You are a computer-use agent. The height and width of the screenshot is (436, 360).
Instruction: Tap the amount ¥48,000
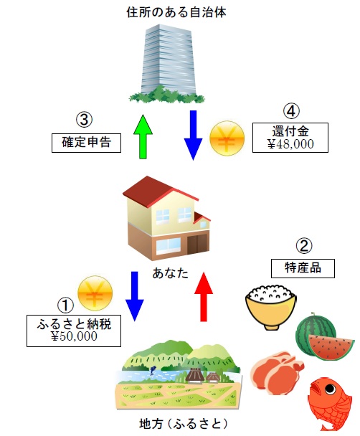(290, 143)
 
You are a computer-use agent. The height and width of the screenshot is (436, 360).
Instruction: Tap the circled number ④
(290, 112)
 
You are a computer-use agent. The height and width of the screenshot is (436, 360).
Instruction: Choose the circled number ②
(304, 246)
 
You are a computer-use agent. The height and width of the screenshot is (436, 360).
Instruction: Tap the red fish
(329, 402)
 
